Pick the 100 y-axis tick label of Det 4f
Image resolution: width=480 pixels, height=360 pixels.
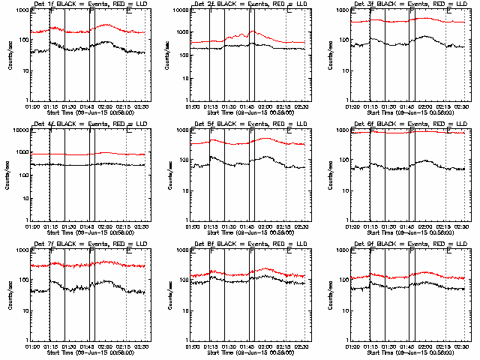coord(22,175)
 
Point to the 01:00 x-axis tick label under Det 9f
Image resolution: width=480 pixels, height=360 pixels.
coord(352,347)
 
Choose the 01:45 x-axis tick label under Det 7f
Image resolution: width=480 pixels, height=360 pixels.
coord(88,347)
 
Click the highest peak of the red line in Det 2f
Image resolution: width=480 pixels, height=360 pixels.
coord(253,31)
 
